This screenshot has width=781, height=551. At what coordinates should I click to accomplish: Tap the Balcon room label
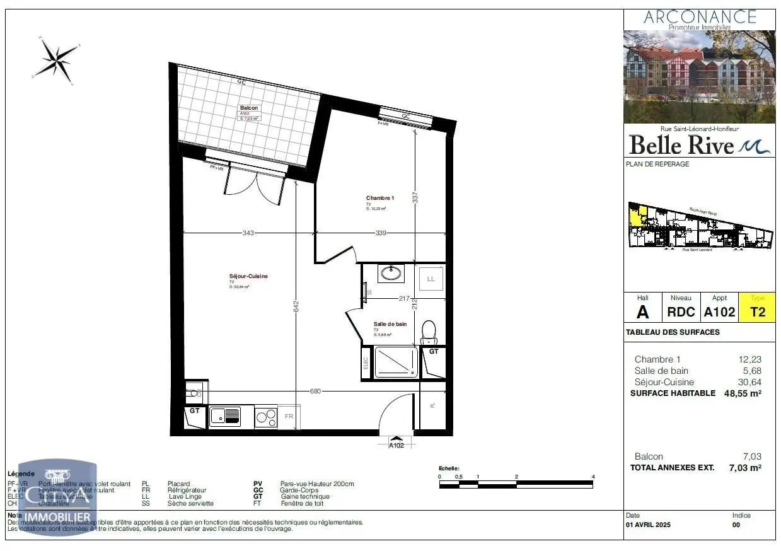[x=249, y=108]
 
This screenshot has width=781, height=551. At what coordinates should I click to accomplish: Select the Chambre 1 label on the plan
[x=380, y=198]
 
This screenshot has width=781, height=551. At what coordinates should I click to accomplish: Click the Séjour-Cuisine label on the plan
[x=244, y=276]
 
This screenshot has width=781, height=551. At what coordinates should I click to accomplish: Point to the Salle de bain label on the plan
[x=390, y=324]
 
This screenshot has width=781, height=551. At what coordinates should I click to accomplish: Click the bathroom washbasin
[x=391, y=274]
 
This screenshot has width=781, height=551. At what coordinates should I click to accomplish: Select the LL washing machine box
[x=431, y=279]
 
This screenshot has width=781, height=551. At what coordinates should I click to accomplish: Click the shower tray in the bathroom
[x=396, y=362]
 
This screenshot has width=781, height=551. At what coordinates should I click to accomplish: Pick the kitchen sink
[x=224, y=416]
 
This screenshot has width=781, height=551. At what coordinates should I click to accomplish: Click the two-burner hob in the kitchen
[x=266, y=417]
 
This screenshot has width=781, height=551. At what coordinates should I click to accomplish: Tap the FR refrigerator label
[x=289, y=417]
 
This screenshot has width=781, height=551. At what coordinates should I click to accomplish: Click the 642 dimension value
[x=296, y=306]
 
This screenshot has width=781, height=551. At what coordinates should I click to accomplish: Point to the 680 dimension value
[x=315, y=391]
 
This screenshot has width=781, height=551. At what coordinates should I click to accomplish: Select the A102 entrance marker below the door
[x=396, y=444]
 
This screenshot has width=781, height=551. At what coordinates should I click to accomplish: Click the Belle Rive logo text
[x=682, y=146]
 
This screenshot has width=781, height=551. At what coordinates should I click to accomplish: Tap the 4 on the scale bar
[x=593, y=477]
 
